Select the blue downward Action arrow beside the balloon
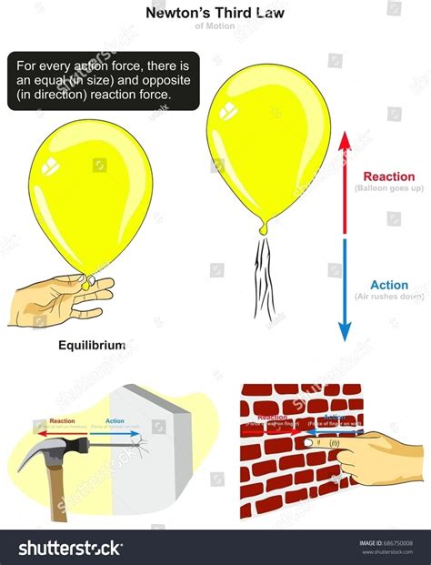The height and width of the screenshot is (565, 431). [x=345, y=291]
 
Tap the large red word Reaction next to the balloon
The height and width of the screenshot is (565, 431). [x=388, y=177]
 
